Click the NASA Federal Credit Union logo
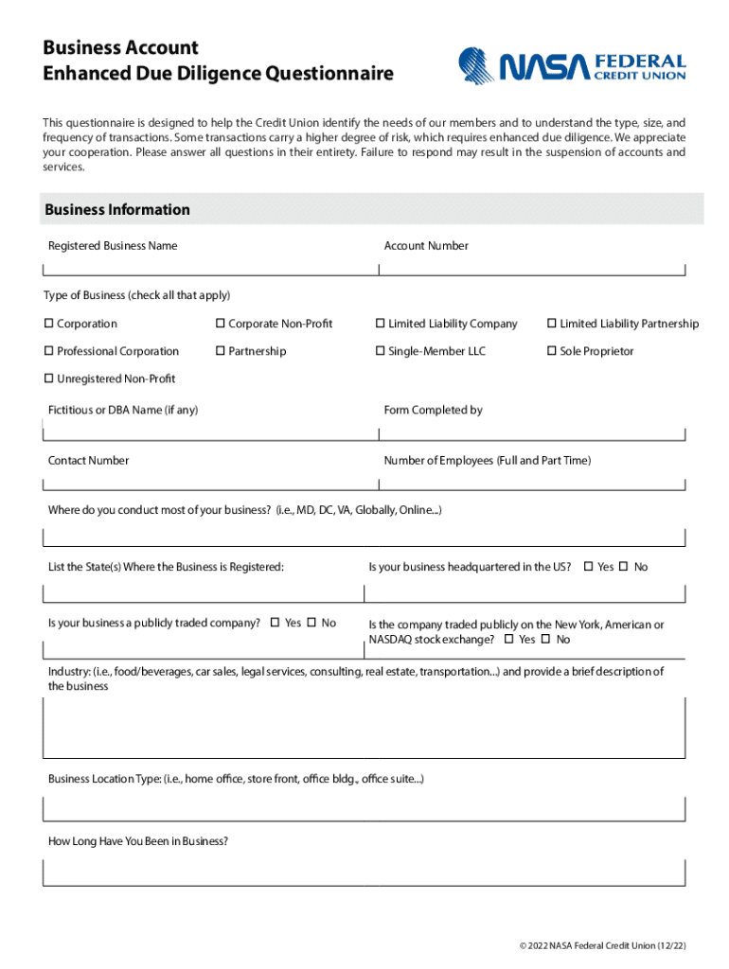point(572,66)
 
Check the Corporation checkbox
point(49,324)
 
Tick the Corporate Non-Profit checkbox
point(221,324)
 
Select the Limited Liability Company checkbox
point(381,324)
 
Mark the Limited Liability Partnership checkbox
point(552,324)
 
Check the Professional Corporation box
point(49,351)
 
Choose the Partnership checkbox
point(221,351)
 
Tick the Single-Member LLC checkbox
point(381,351)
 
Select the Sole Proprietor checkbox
point(552,351)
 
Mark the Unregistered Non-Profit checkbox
point(49,379)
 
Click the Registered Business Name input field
point(210,266)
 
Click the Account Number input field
point(532,266)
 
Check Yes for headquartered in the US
point(588,567)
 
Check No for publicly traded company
point(311,623)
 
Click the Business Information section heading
point(117,209)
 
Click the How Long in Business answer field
point(364,872)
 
